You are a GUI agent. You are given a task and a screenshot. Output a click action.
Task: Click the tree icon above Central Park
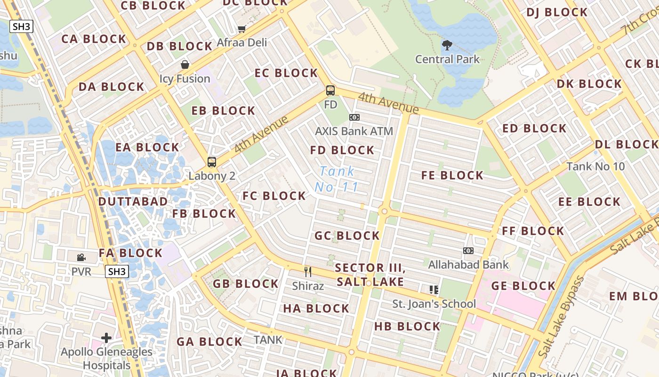(447, 45)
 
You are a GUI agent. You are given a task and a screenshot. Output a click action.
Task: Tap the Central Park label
(447, 59)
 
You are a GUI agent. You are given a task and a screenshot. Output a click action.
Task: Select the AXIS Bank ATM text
(354, 131)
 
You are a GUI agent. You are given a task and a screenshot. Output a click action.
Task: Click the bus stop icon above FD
(330, 90)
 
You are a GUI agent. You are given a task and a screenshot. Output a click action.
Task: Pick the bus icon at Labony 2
(212, 162)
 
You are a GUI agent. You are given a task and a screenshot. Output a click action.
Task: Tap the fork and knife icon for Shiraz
(308, 271)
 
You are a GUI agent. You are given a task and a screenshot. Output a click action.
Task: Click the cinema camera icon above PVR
(81, 257)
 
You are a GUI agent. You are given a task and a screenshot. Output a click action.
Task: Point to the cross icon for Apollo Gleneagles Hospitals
(106, 338)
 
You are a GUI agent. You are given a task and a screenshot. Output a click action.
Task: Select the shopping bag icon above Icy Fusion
(185, 65)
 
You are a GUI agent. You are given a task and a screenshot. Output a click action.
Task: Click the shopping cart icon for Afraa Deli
(241, 29)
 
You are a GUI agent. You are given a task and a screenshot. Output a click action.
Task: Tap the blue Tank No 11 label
(337, 179)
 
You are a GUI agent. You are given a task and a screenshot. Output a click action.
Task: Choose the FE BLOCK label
(452, 175)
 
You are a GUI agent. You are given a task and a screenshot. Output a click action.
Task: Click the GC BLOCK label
(347, 236)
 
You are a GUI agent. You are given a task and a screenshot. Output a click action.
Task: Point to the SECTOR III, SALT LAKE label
(370, 275)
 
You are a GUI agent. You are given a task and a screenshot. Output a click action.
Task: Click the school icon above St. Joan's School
(434, 290)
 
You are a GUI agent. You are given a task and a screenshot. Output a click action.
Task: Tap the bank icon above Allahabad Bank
(468, 251)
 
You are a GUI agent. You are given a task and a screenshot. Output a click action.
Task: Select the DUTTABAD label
(133, 201)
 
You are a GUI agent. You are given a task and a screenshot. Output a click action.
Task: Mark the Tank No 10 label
(595, 166)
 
